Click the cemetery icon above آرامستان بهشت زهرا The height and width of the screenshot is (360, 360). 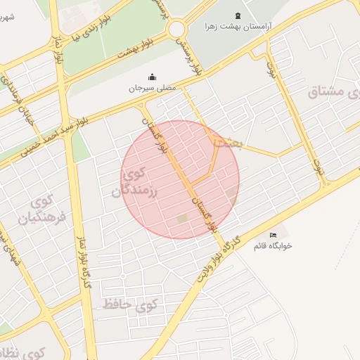tap(237, 15)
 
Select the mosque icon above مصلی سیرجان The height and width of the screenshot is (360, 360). tap(151, 77)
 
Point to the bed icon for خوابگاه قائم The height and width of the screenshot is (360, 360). tap(274, 235)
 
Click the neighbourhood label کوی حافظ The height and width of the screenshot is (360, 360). tap(130, 304)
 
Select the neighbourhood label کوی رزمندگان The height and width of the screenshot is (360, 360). tap(137, 182)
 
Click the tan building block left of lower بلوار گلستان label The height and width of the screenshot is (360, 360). tap(183, 219)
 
